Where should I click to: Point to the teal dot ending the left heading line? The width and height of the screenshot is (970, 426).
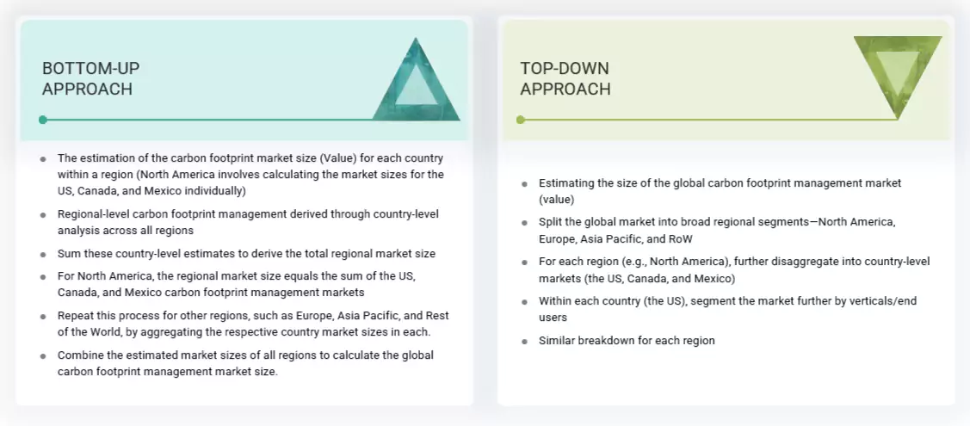(43, 120)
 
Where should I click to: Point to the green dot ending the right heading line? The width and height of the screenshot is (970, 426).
(520, 120)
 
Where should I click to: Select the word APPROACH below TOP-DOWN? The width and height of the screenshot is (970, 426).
(565, 90)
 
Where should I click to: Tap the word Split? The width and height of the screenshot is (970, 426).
(551, 222)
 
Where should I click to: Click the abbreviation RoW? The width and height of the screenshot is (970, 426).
(680, 238)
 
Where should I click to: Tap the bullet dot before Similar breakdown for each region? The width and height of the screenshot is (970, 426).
(524, 341)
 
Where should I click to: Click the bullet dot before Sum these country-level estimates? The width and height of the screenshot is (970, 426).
(43, 254)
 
